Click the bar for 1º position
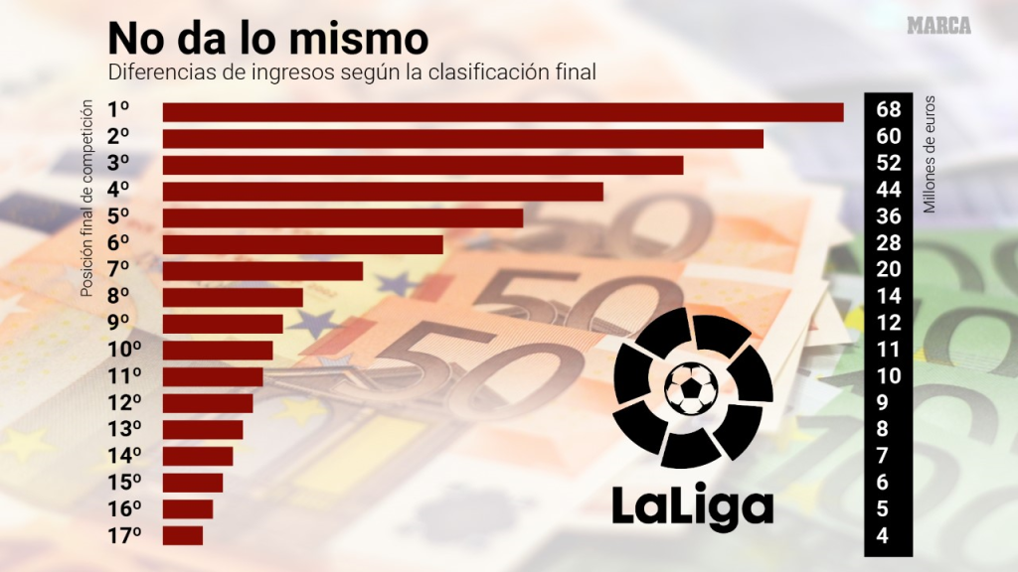(x=502, y=111)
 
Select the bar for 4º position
(x=383, y=192)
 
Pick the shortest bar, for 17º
(x=183, y=535)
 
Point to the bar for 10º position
(x=218, y=351)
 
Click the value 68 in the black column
(x=889, y=109)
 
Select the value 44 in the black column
(x=889, y=190)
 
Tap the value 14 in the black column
(x=889, y=296)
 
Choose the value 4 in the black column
(x=889, y=536)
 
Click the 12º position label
(x=124, y=403)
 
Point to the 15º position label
(x=124, y=483)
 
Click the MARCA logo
(x=938, y=26)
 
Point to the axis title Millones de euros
(x=931, y=155)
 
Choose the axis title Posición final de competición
(x=87, y=199)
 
